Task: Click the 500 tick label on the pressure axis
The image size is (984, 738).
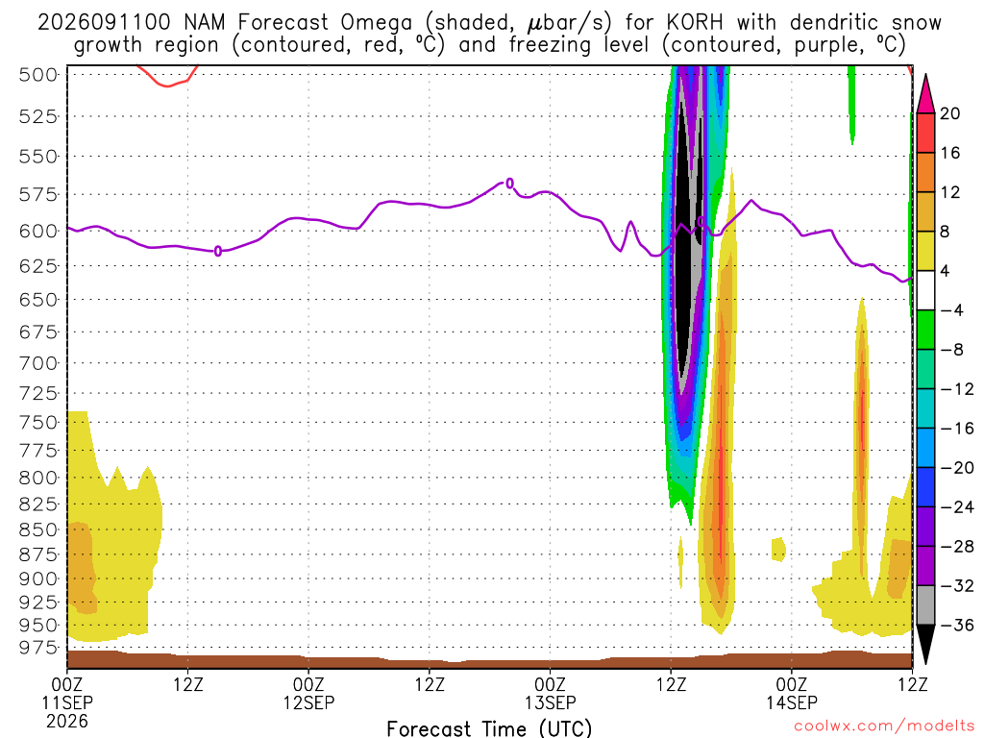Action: pyautogui.click(x=37, y=75)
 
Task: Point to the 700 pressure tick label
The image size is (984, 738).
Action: pyautogui.click(x=37, y=362)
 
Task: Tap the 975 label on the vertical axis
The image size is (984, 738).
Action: pyautogui.click(x=37, y=647)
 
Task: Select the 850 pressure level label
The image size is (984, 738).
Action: pyautogui.click(x=37, y=529)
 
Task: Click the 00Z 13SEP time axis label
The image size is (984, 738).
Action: pyautogui.click(x=550, y=694)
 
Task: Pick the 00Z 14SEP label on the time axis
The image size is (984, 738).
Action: pyautogui.click(x=792, y=694)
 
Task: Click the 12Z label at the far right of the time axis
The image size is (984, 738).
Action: pyautogui.click(x=912, y=684)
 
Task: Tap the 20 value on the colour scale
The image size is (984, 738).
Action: pyautogui.click(x=950, y=113)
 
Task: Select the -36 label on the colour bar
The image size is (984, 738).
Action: pyautogui.click(x=956, y=625)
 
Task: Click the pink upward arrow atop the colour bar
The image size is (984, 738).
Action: pyautogui.click(x=925, y=93)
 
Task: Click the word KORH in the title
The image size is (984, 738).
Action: pyautogui.click(x=695, y=23)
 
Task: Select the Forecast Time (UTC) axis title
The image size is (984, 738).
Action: pyautogui.click(x=489, y=728)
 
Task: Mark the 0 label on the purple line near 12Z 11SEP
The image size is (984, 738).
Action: pyautogui.click(x=218, y=251)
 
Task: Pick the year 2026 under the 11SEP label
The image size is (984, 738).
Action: pyautogui.click(x=67, y=721)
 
